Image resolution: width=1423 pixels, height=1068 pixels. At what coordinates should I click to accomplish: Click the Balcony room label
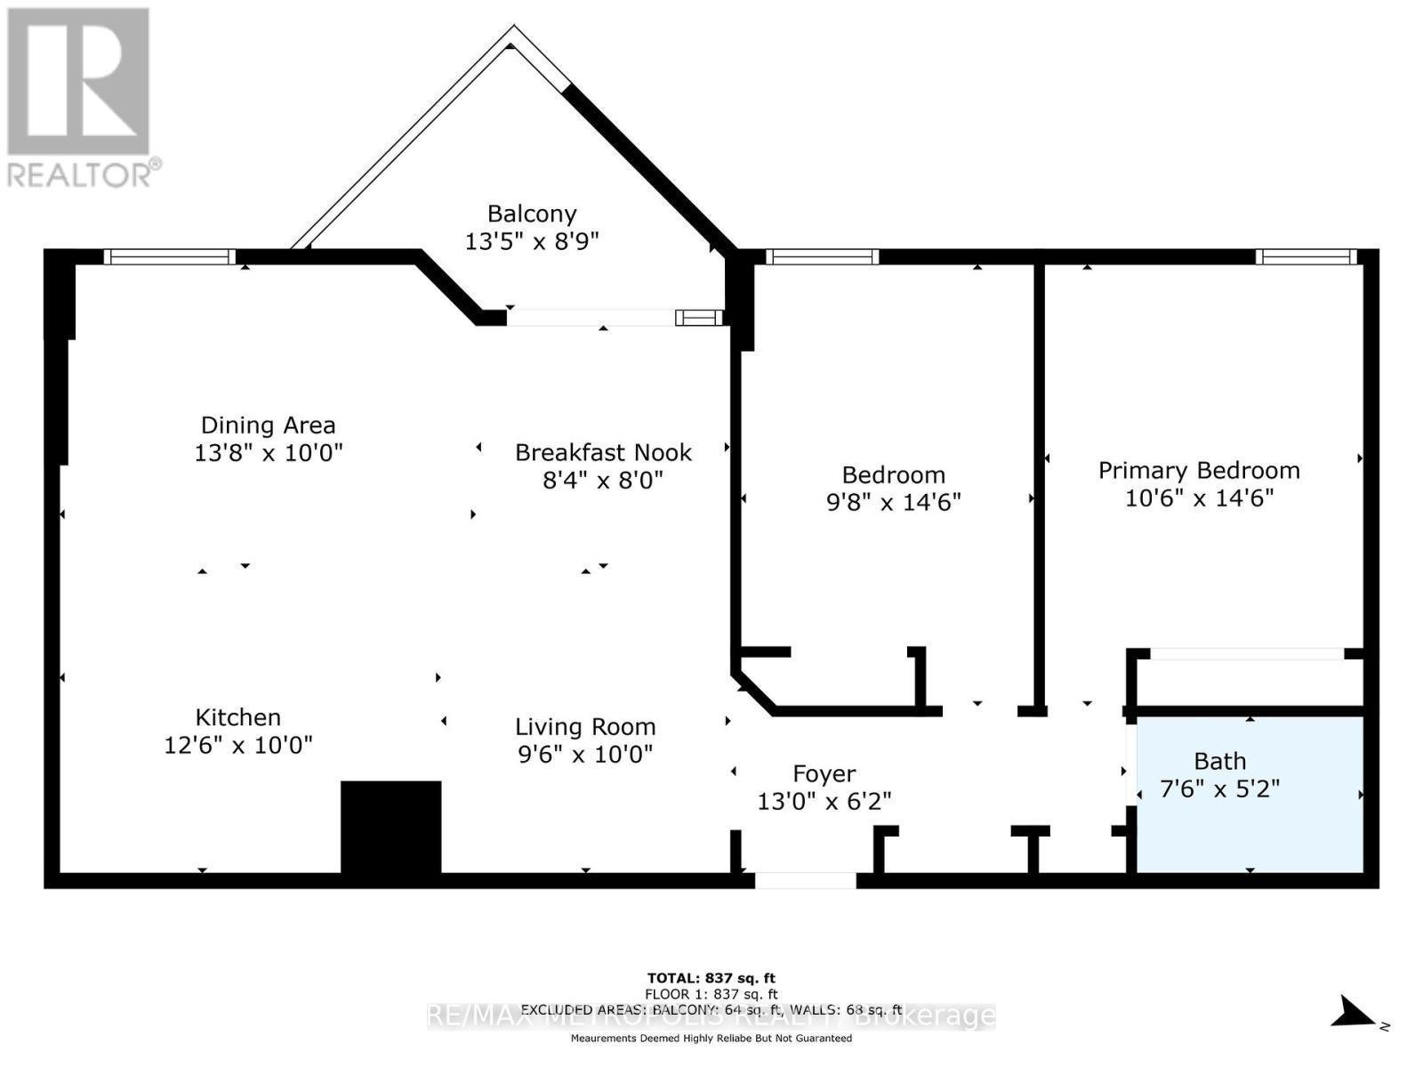tap(532, 214)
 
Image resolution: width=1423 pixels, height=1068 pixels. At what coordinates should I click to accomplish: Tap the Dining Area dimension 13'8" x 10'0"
tap(269, 453)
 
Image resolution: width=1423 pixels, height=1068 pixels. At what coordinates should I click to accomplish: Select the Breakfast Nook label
tap(603, 452)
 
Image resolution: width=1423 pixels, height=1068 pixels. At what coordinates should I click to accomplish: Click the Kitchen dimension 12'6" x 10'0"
tap(238, 745)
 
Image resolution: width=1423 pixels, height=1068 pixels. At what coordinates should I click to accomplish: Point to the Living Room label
tap(585, 727)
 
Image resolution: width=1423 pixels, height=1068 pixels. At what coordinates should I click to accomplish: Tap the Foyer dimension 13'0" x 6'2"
tap(824, 802)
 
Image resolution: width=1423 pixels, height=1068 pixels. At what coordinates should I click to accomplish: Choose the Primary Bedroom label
tap(1199, 470)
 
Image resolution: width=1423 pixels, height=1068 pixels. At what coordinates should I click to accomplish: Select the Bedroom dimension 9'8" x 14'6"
tap(893, 503)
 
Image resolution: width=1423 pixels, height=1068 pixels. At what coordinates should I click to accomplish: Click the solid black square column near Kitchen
tap(391, 827)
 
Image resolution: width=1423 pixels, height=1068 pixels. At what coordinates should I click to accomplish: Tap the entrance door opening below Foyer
tap(806, 880)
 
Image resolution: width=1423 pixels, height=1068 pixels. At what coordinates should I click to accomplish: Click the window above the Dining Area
tap(169, 257)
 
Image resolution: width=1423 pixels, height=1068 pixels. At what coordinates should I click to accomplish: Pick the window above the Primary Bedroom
tap(1306, 257)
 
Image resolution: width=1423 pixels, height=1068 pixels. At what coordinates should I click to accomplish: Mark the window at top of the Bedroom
tap(823, 257)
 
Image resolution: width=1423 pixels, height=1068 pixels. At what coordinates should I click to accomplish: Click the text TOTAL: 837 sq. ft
tap(711, 978)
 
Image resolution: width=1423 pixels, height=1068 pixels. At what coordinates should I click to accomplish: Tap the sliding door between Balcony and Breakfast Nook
tap(614, 318)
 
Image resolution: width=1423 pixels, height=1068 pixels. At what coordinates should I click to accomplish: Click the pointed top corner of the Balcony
tap(512, 34)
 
